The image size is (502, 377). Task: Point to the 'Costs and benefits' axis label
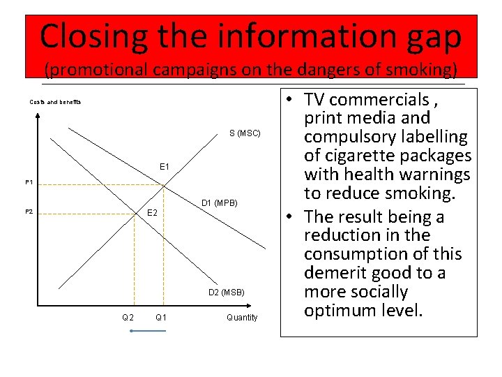click(55, 102)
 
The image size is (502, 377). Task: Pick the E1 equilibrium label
click(165, 167)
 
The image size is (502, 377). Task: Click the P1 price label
click(29, 182)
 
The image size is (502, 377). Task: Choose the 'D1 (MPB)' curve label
click(220, 203)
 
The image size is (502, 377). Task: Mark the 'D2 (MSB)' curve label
click(226, 291)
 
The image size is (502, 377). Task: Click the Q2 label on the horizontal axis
click(128, 318)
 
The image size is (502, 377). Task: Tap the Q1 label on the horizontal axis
click(161, 318)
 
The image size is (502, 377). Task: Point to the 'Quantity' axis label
click(242, 318)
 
